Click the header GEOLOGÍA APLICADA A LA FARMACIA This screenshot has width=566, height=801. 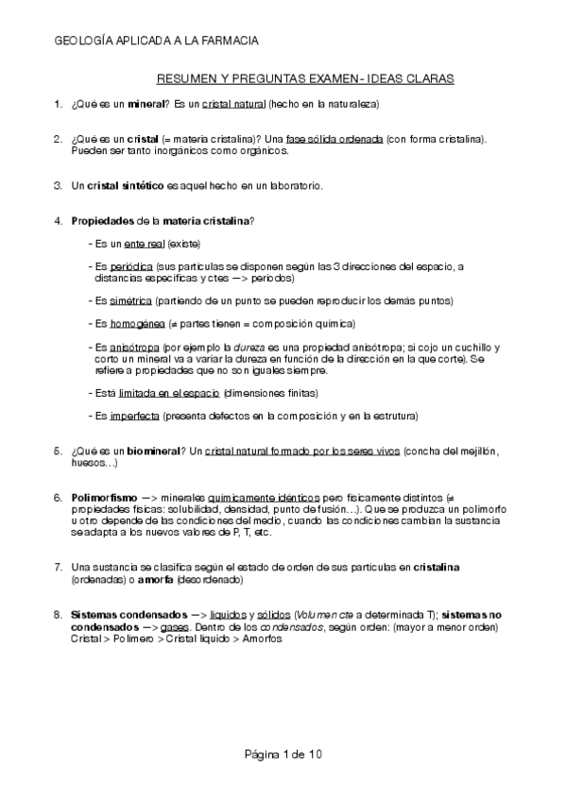(x=157, y=41)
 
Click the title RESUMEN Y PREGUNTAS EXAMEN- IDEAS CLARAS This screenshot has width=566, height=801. (x=304, y=80)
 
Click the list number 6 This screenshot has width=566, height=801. (x=58, y=496)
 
